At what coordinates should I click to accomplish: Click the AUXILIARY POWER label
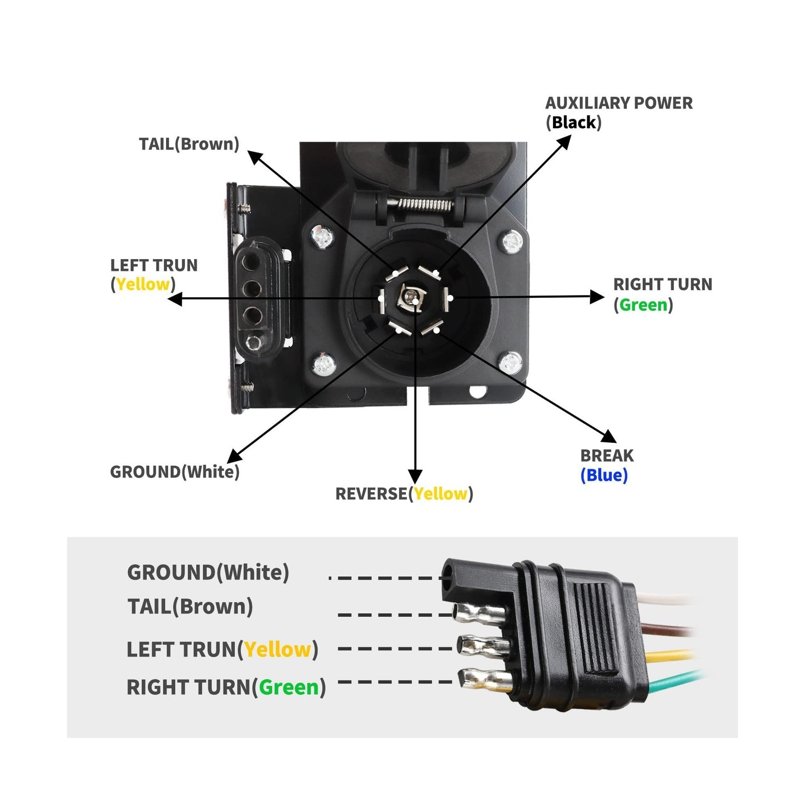[618, 103]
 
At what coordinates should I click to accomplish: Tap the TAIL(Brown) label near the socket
[189, 144]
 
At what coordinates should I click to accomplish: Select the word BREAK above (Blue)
[607, 455]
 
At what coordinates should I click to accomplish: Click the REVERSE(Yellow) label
[404, 494]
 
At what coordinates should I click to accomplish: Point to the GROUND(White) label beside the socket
[175, 472]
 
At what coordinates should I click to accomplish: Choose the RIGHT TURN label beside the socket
[663, 284]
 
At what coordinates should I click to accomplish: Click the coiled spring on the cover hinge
[424, 204]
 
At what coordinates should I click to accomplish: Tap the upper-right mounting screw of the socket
[512, 242]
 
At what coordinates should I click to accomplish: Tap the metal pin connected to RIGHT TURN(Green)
[486, 680]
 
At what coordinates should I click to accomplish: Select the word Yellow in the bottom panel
[278, 650]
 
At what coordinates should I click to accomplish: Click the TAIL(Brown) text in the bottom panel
[190, 606]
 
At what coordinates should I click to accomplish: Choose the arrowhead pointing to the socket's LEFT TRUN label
[175, 299]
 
